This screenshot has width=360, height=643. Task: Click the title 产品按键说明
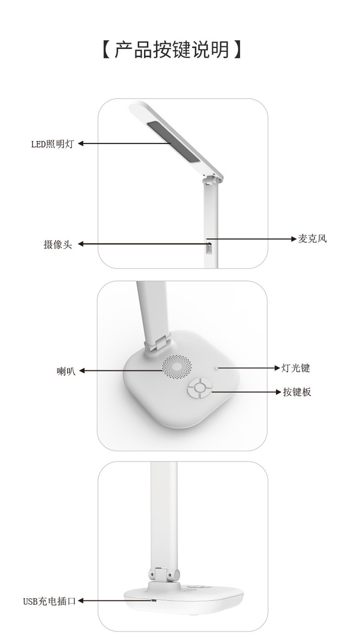tap(172, 50)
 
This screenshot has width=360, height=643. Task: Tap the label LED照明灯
tap(53, 144)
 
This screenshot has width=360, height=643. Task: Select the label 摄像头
tap(57, 245)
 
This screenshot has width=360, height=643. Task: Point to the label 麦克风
tap(312, 239)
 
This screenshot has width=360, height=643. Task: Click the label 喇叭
tap(66, 371)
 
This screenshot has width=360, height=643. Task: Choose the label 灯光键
tap(295, 368)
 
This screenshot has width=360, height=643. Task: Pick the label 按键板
tap(297, 392)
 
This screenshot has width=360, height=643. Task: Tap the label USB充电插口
tap(49, 601)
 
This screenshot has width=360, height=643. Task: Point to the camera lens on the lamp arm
tap(210, 244)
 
